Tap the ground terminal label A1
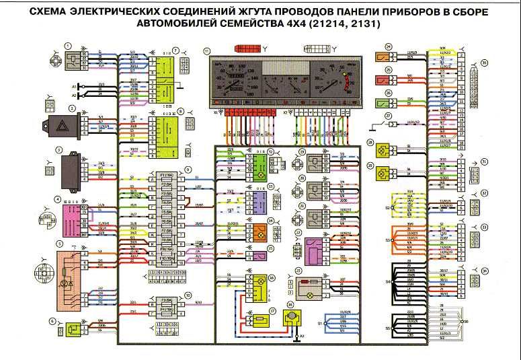[x=75, y=87]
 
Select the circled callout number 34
[x=485, y=271]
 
